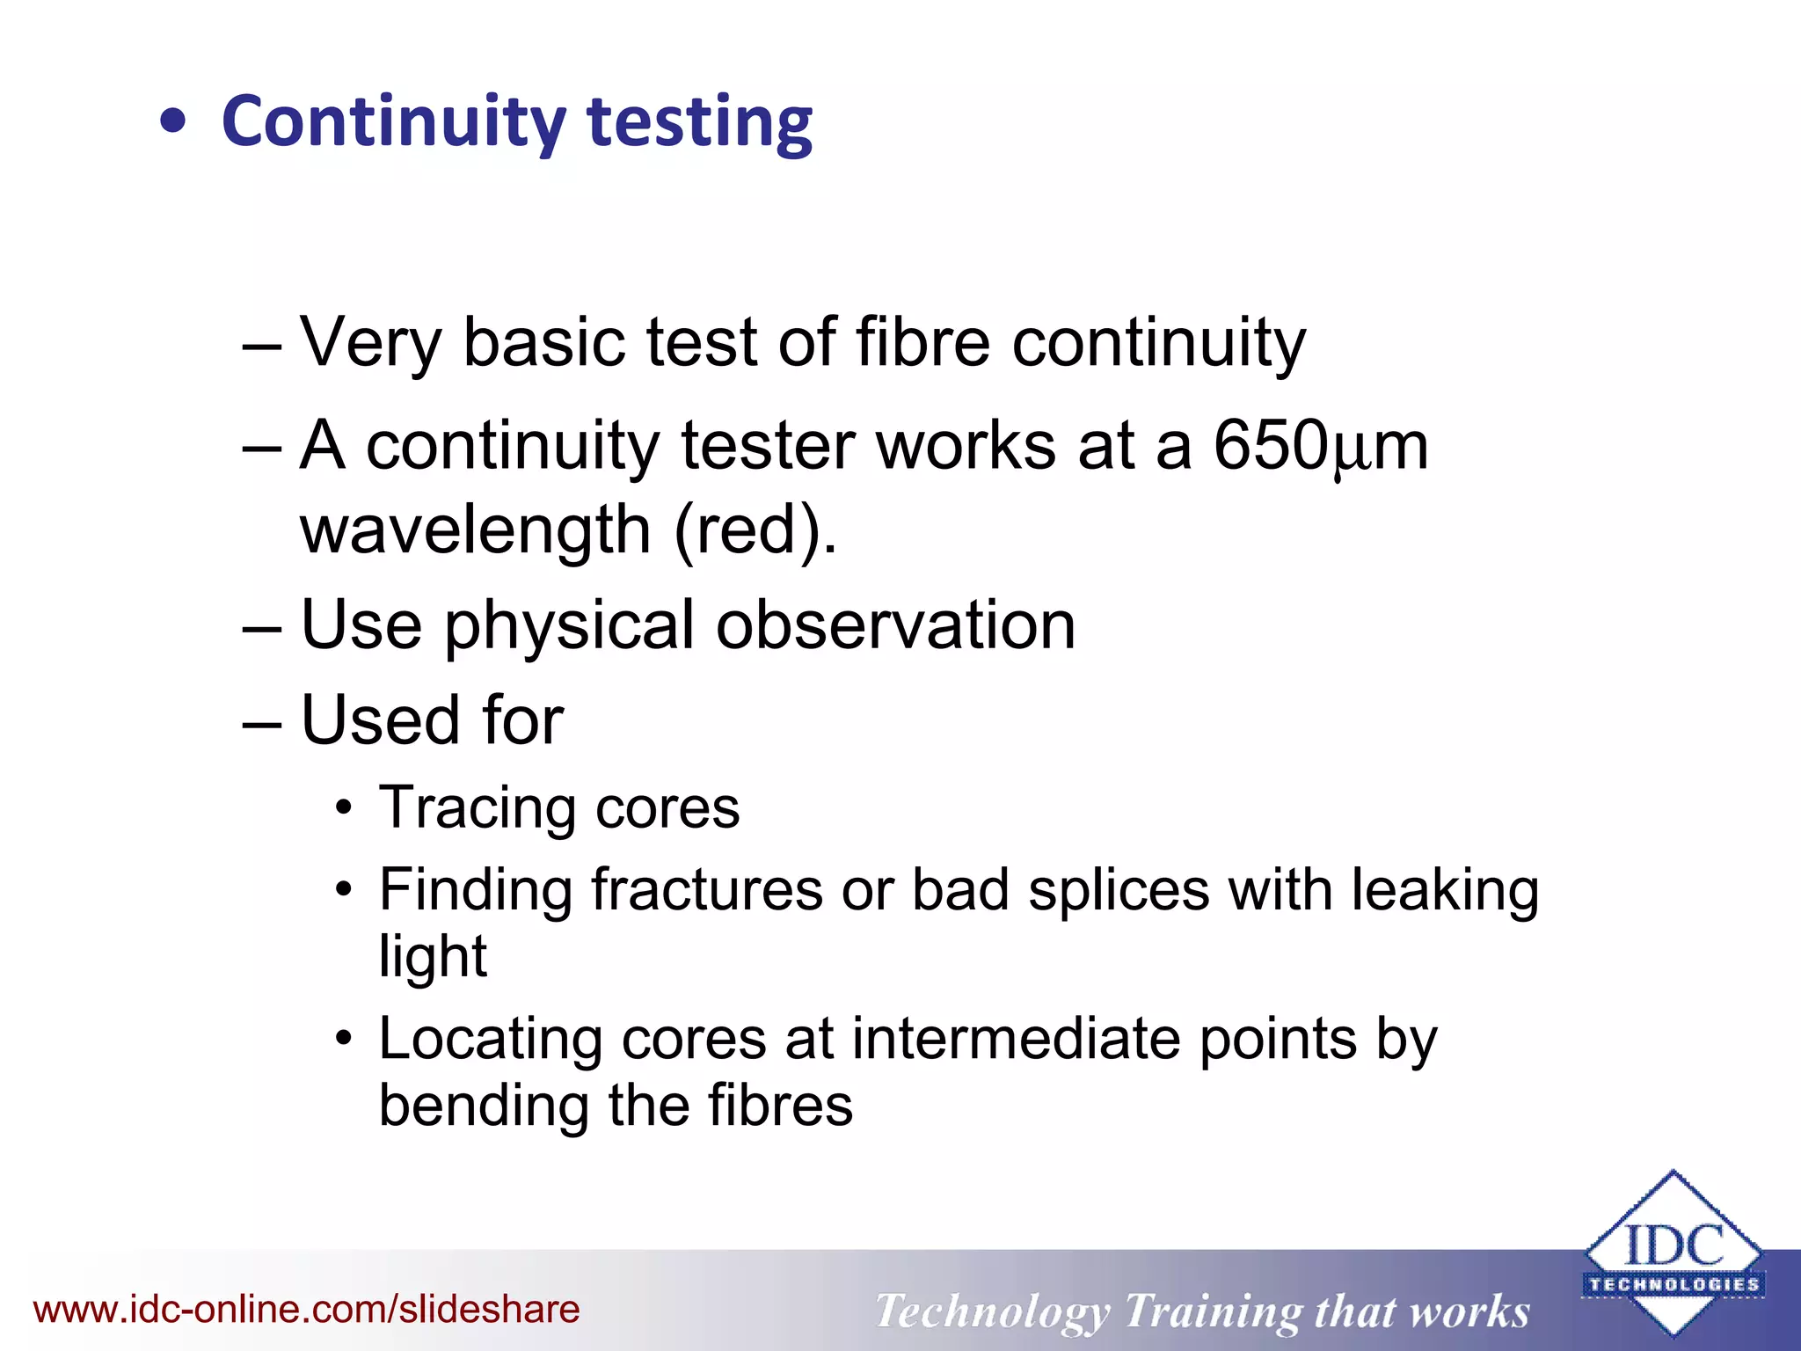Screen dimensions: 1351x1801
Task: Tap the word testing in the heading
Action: point(699,123)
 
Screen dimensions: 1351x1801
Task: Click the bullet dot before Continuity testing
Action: point(173,123)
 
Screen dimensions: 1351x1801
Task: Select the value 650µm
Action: point(1320,446)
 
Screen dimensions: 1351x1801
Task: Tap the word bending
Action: point(484,1106)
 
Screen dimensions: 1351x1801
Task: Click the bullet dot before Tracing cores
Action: point(344,808)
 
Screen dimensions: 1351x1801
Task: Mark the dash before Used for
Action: point(261,722)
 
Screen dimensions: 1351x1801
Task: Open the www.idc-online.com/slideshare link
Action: point(306,1310)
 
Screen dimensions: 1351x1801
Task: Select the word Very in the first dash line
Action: point(370,342)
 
